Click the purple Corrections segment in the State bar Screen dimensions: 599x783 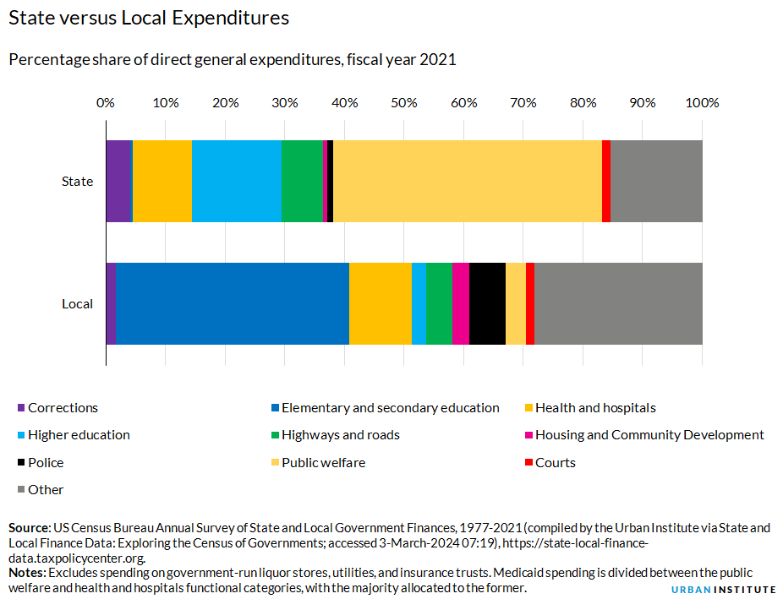tap(119, 181)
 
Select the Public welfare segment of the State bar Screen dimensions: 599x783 tap(467, 181)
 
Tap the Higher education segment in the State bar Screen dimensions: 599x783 tap(237, 181)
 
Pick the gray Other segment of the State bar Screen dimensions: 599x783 tap(656, 181)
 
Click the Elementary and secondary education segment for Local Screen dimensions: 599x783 tap(233, 303)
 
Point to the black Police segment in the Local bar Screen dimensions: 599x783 tap(487, 303)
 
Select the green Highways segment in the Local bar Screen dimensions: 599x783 tap(439, 303)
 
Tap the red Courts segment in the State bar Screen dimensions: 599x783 tap(606, 181)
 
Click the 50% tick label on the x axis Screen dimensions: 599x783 tap(404, 103)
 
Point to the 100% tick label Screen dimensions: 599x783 tap(702, 103)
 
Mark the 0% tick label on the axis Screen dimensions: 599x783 tap(105, 103)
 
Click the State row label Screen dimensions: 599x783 tap(77, 181)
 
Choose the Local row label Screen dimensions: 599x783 tap(77, 303)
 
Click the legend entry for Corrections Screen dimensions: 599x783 tap(63, 408)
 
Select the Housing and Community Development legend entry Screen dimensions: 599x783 tap(649, 435)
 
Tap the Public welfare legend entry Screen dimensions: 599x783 tap(323, 462)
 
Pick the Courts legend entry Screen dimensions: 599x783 tap(555, 462)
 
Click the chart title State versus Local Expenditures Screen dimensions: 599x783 tap(149, 18)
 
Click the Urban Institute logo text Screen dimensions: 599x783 tap(723, 589)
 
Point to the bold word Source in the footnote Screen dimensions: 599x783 tap(30, 528)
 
